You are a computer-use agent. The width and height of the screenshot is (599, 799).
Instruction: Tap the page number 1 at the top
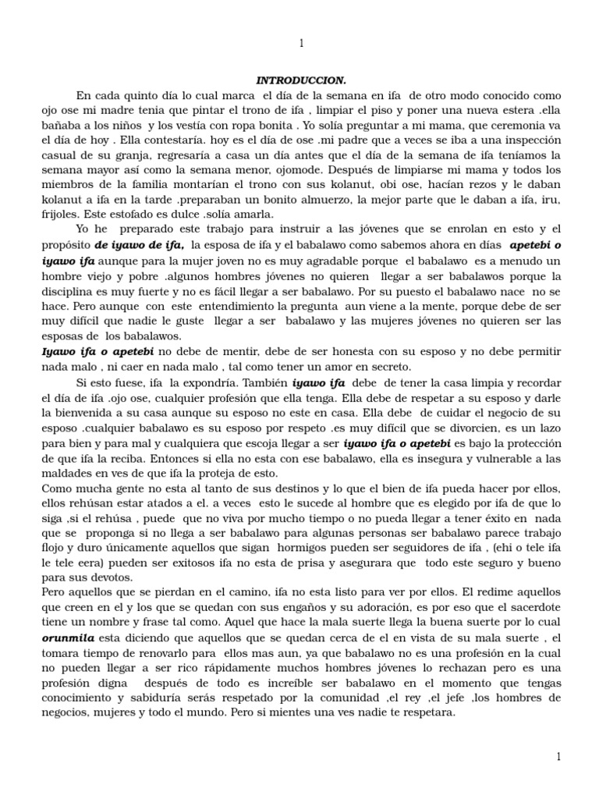(x=301, y=44)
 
